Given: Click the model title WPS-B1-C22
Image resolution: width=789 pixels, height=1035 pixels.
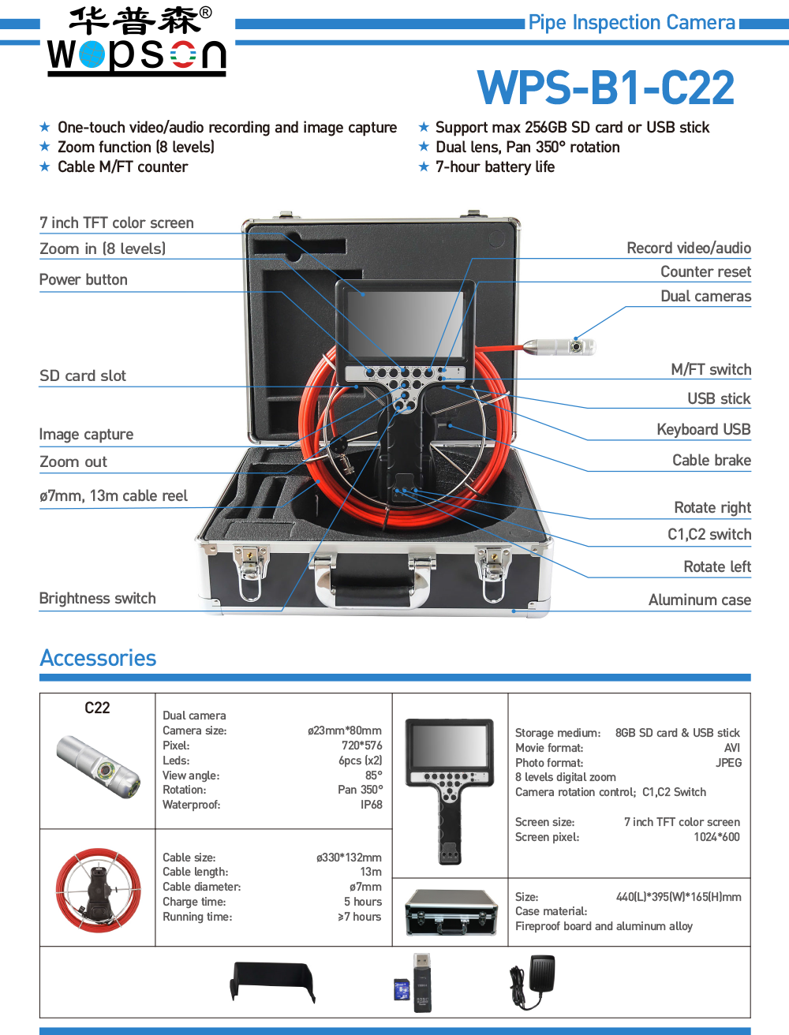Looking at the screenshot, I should point(605,88).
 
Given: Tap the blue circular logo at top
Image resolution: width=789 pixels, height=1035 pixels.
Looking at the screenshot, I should point(92,54).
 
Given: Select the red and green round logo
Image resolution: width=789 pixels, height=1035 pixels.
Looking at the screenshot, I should point(183,54).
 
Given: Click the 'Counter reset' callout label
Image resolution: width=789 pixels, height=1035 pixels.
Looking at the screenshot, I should point(705,272).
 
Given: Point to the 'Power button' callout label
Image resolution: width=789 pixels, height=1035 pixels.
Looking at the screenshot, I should point(83,280).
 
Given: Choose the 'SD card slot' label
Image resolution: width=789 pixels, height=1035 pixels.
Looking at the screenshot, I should point(83,376).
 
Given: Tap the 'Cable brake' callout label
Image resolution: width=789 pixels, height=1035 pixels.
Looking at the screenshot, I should point(711,461).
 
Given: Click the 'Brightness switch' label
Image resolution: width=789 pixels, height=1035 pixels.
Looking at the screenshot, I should point(97,599).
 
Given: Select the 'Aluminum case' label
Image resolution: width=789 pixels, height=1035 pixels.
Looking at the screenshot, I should point(699,600).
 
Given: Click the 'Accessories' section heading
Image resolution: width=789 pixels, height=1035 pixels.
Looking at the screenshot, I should point(98,658).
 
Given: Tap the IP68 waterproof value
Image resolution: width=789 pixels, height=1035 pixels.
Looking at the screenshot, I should point(371,805).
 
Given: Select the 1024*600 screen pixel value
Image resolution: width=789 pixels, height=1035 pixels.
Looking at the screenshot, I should point(716,838).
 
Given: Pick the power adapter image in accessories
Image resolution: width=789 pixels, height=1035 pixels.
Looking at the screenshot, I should point(532,982).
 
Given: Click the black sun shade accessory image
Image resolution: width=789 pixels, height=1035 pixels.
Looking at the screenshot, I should point(272,982).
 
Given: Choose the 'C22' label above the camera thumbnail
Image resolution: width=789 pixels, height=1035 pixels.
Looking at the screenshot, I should point(97,708).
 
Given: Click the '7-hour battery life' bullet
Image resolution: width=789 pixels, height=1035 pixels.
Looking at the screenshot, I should point(495,167).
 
